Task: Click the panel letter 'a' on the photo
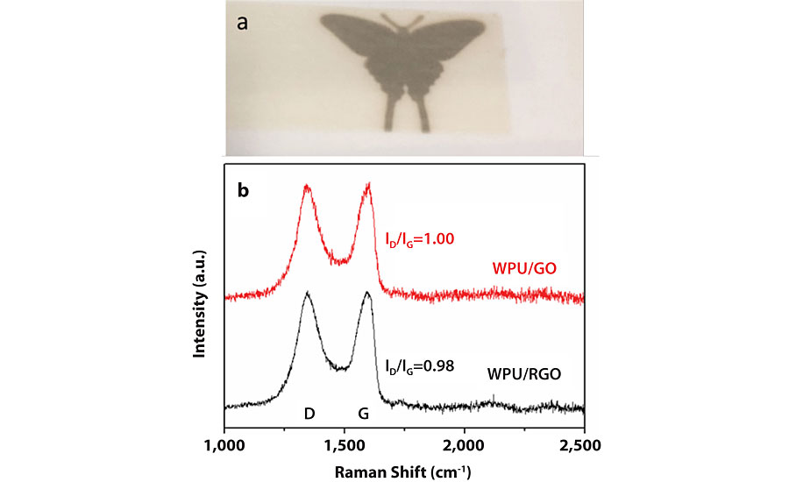pos(245,22)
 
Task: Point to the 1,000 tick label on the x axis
pos(225,446)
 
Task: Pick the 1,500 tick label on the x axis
pos(345,446)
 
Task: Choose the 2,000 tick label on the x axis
pos(464,446)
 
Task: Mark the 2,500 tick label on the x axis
pos(583,446)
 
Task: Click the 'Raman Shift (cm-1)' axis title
pos(404,472)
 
